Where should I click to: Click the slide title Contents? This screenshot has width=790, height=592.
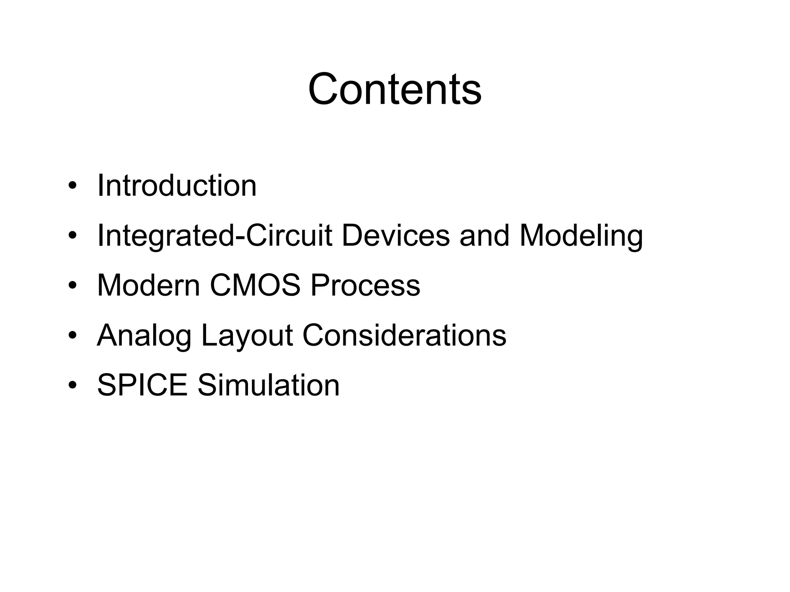click(x=395, y=89)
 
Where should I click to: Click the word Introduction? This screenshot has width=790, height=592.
click(x=177, y=186)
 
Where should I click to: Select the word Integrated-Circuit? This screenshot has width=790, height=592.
click(x=214, y=236)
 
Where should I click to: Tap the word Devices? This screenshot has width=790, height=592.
click(x=396, y=236)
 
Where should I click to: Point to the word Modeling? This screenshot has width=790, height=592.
click(x=581, y=236)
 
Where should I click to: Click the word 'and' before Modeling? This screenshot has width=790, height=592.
click(x=484, y=236)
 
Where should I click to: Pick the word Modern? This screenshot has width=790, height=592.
click(x=149, y=286)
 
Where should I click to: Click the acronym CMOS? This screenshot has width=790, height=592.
click(x=255, y=286)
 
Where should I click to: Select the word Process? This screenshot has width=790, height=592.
click(x=365, y=286)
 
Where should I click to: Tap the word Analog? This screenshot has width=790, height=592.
click(x=144, y=336)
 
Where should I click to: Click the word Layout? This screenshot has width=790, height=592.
click(x=247, y=336)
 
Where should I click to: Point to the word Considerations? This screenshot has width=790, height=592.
click(x=404, y=336)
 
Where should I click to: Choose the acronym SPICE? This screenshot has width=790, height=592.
click(x=142, y=385)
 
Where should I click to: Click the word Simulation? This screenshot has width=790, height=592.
click(x=268, y=385)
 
